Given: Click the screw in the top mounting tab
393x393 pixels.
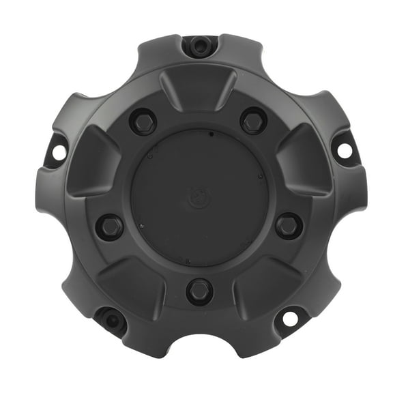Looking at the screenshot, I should point(199,46).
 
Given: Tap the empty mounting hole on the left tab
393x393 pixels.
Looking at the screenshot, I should point(59,151).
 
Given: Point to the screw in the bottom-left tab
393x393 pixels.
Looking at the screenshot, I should point(112,318).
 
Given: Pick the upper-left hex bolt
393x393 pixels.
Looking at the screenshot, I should point(143,121).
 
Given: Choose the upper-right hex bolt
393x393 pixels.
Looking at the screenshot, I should point(253,121).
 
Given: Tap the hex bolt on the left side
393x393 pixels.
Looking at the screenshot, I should point(109,227).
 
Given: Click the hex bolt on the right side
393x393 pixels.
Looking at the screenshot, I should point(288,224).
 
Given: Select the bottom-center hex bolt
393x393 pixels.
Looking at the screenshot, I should point(199,291).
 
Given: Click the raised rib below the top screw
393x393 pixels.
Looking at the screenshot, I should point(198,87).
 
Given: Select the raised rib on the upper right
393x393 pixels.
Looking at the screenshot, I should point(302,158).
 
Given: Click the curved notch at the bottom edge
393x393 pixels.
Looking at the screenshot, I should point(199,348).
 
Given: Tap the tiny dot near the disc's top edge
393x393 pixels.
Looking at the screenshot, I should point(212,134).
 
